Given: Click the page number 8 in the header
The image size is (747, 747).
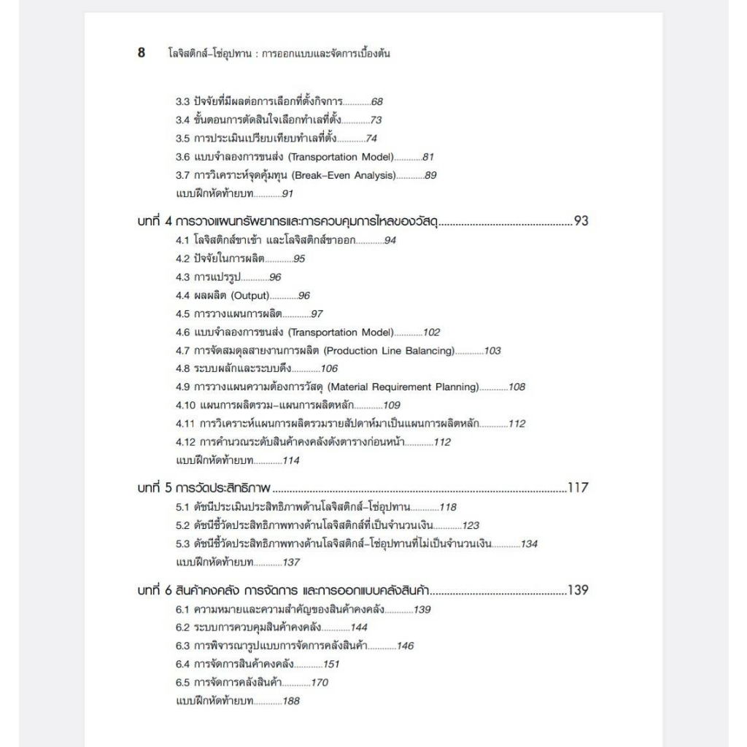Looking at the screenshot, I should [x=141, y=53].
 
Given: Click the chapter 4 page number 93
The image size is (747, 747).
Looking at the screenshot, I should [x=581, y=221].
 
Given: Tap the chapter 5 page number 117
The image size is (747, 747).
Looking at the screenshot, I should [x=578, y=488].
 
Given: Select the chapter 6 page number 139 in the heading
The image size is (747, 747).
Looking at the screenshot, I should [x=578, y=590].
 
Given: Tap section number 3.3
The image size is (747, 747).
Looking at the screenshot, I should [x=183, y=101].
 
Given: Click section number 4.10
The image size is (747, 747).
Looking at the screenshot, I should [x=185, y=406].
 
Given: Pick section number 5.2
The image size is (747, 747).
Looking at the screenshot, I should [x=183, y=525].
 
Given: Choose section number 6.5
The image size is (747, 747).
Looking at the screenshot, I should [x=183, y=683].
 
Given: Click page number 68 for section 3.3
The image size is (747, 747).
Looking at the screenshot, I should [x=377, y=101].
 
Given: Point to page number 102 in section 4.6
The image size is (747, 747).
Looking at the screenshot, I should [x=432, y=333].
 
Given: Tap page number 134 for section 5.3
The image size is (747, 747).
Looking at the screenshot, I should [x=529, y=543].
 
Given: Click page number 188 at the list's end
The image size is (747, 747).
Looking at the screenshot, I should [x=291, y=701].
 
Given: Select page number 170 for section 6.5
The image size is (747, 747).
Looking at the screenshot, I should [x=320, y=683].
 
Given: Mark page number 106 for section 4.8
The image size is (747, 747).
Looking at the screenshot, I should [x=329, y=369].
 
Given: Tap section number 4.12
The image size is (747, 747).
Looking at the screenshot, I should [x=185, y=442].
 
